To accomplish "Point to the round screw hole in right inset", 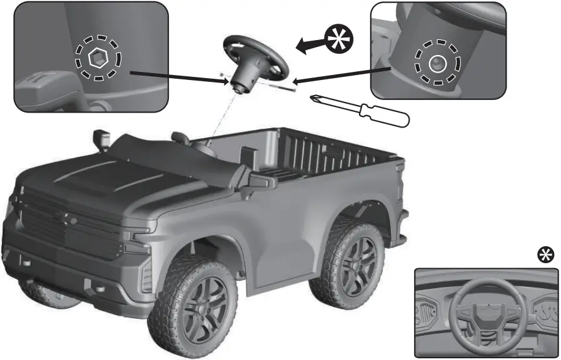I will point(437,62).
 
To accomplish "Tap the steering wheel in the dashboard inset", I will point(486,310).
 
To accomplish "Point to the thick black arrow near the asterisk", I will point(311,44).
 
